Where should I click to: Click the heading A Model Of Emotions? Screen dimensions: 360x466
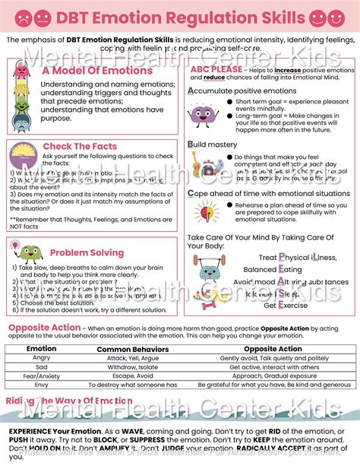[97, 71]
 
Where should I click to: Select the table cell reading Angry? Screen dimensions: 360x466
[42, 358]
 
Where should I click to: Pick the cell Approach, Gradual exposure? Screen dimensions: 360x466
[274, 375]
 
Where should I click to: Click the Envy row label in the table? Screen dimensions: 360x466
[42, 384]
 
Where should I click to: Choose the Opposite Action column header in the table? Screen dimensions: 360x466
[274, 349]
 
